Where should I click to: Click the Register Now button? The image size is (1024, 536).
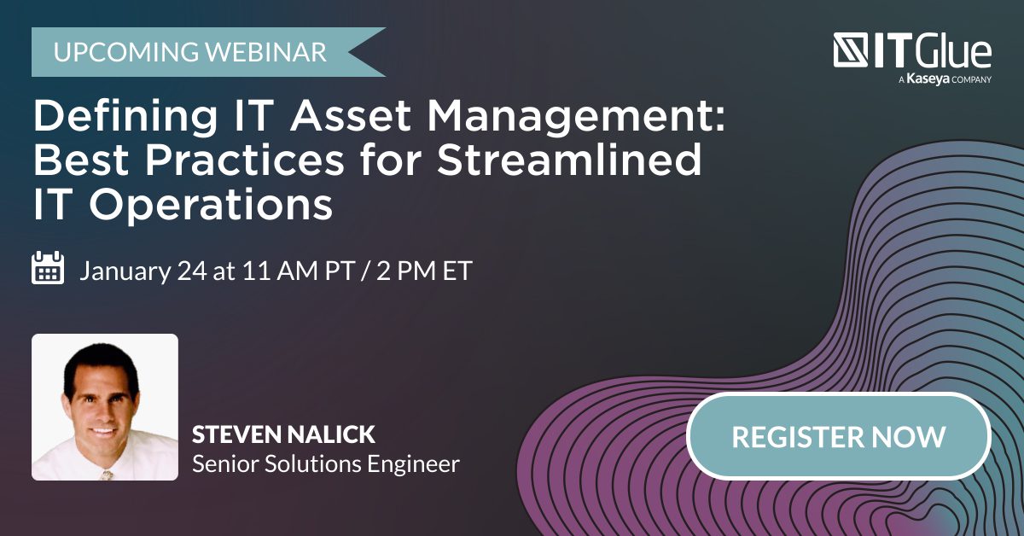pos(838,436)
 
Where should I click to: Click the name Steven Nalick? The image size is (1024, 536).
pos(283,434)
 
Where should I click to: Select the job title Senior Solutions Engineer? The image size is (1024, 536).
pos(325,464)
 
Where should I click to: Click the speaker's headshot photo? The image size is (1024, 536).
pos(105,406)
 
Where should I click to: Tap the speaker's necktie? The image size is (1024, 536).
pos(106,473)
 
